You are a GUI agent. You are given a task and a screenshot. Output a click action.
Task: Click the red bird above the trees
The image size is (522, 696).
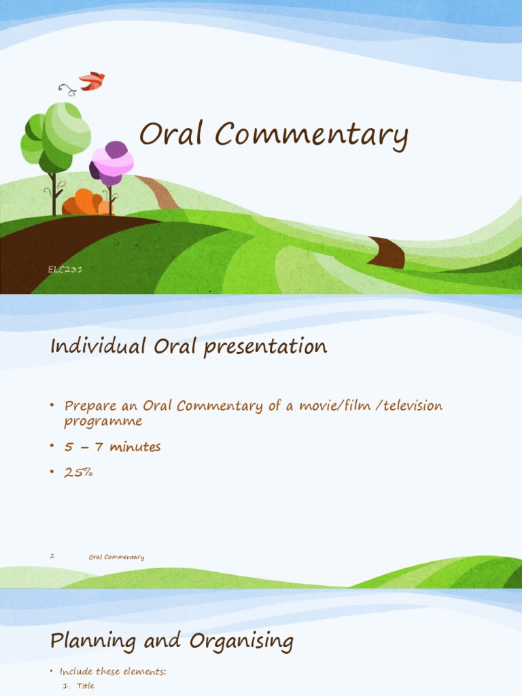(x=92, y=81)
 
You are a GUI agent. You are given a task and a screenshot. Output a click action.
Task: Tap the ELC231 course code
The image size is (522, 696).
(x=65, y=270)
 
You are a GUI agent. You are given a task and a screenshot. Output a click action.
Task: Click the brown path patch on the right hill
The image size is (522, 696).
(x=387, y=252)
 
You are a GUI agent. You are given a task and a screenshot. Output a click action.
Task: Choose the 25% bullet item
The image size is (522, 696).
(x=78, y=472)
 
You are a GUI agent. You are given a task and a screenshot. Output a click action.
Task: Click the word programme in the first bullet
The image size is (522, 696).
(x=103, y=421)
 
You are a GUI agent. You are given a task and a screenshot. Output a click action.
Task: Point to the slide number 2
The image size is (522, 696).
(x=52, y=556)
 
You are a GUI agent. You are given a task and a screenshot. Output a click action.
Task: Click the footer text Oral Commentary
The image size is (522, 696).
(x=116, y=557)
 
